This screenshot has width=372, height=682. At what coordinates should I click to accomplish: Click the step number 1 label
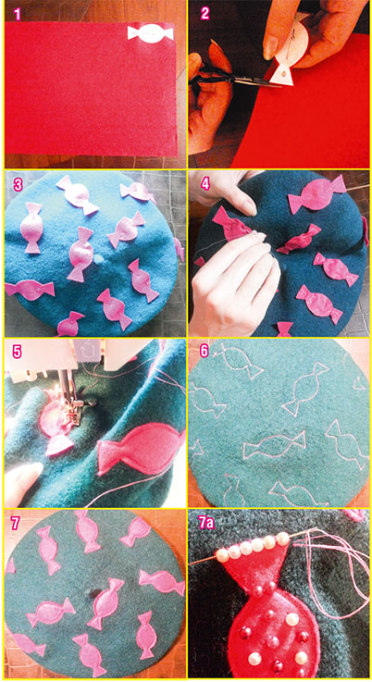[x=17, y=14]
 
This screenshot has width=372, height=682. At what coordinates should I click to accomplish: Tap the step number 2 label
[x=205, y=14]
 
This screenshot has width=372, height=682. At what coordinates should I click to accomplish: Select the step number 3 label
[x=18, y=185]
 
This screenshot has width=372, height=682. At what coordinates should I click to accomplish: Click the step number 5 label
[x=17, y=352]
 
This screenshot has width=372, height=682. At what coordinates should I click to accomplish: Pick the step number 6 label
[x=205, y=350]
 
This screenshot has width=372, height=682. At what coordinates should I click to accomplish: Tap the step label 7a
[x=207, y=523]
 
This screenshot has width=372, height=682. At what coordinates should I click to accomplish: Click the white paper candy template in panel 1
[x=151, y=34]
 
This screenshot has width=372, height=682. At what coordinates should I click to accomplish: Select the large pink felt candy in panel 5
[x=142, y=448]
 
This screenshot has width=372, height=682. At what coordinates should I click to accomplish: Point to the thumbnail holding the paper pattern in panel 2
[x=271, y=45]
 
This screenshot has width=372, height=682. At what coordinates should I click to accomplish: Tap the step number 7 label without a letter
[x=16, y=523]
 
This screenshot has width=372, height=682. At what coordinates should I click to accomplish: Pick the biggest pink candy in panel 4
[x=317, y=192]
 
